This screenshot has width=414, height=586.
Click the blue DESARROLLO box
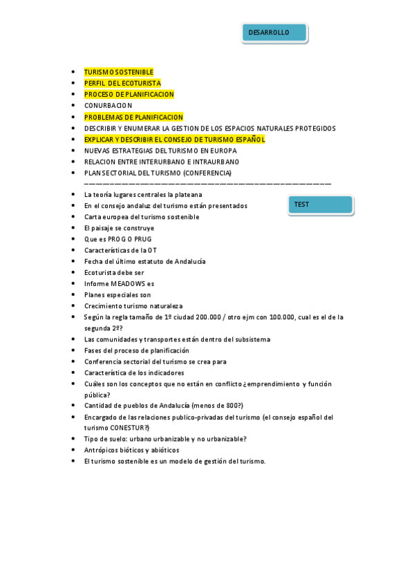274,33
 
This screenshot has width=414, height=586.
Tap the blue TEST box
320,205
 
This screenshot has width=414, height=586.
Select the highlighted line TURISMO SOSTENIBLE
119,72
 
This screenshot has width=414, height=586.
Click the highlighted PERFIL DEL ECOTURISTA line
122,83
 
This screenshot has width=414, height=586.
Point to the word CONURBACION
108,106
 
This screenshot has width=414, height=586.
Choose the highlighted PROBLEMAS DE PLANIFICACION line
133,117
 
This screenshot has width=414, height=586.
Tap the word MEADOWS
128,283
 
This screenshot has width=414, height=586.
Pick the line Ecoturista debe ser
114,272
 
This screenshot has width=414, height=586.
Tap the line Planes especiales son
117,294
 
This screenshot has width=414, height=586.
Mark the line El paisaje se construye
119,228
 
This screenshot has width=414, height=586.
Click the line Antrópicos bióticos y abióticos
131,450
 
